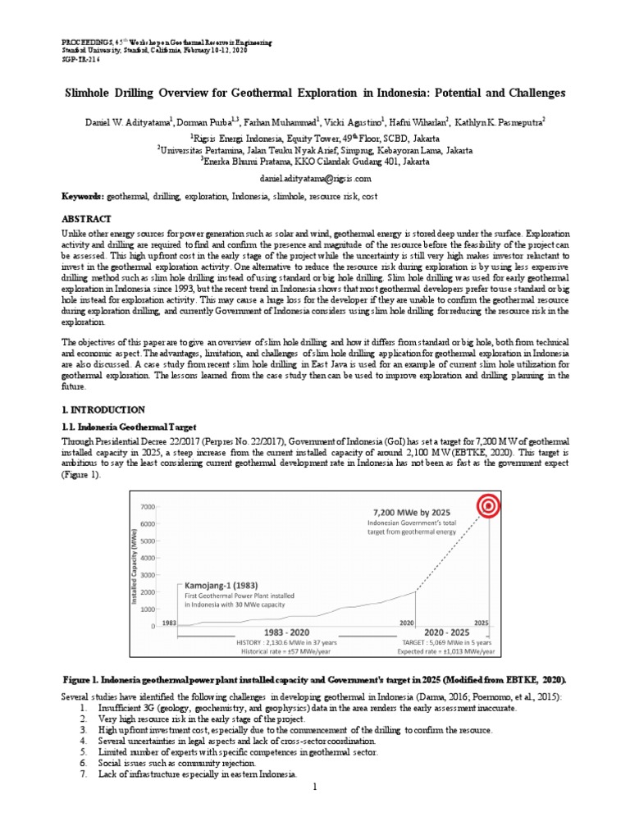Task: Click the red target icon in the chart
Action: tap(488, 507)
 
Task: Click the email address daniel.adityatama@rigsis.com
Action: tap(314, 178)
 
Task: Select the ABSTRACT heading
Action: tap(89, 220)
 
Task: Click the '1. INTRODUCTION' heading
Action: tap(104, 409)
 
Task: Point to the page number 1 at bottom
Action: tap(315, 787)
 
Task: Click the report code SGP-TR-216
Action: tap(82, 59)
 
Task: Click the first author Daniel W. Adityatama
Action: tap(128, 121)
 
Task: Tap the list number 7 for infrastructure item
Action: tap(83, 774)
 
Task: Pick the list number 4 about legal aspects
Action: tap(83, 741)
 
